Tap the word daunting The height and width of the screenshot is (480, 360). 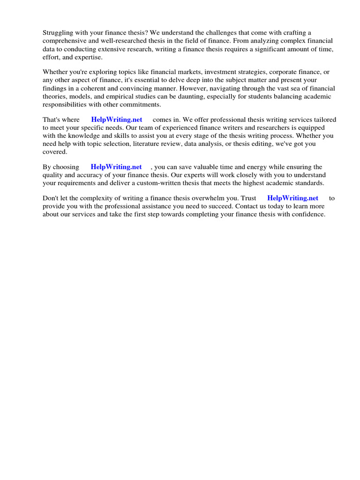click(211, 96)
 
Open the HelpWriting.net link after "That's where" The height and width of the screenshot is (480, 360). click(117, 120)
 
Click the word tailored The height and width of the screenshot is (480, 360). click(323, 120)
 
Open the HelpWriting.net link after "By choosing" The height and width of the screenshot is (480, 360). click(116, 167)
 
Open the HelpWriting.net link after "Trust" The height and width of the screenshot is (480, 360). click(292, 198)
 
